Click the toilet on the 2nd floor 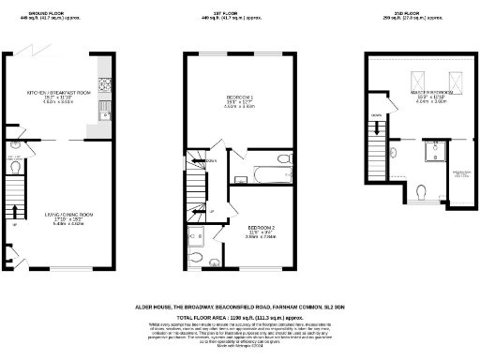pos(422,192)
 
